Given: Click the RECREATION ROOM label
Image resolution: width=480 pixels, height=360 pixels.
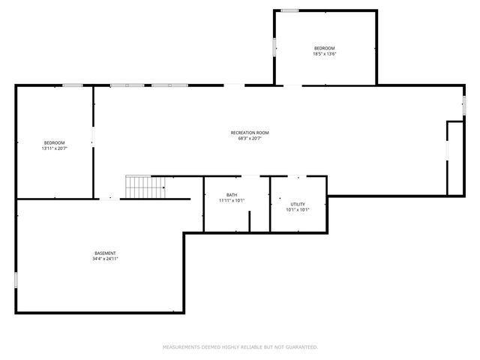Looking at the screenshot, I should click(249, 133).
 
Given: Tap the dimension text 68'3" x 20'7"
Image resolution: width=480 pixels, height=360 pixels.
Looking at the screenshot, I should click(249, 138).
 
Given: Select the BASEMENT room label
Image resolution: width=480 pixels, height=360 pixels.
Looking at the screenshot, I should click(105, 253).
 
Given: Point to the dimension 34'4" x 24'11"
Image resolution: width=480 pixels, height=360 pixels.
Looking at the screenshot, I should click(105, 259).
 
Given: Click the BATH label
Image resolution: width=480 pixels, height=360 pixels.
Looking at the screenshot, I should click(232, 195).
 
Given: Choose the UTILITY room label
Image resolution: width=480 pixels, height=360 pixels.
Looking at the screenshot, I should click(298, 204).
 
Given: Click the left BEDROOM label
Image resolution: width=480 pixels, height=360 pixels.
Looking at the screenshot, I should click(54, 142).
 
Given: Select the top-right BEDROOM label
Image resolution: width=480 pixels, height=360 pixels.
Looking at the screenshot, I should click(324, 48).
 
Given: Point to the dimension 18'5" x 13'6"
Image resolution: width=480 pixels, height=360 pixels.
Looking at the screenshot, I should click(324, 53).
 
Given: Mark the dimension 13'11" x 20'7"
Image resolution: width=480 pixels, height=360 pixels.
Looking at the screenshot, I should click(54, 148).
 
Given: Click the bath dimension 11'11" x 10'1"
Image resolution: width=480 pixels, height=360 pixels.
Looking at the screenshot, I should click(232, 200).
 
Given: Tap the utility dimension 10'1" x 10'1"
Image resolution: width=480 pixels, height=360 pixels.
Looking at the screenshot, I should click(298, 210).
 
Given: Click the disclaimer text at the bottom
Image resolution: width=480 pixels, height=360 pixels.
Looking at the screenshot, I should click(240, 347).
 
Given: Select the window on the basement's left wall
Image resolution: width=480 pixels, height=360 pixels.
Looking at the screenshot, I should click(16, 280).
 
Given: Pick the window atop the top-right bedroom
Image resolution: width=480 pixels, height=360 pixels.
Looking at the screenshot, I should click(289, 10).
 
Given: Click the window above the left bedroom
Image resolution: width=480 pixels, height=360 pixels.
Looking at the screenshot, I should click(72, 85).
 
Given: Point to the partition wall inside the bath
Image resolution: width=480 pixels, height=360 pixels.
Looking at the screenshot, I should click(249, 220).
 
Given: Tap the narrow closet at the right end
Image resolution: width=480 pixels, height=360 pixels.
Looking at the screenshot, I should click(454, 158).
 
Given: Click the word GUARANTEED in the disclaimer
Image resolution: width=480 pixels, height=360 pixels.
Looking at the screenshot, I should click(301, 347).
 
